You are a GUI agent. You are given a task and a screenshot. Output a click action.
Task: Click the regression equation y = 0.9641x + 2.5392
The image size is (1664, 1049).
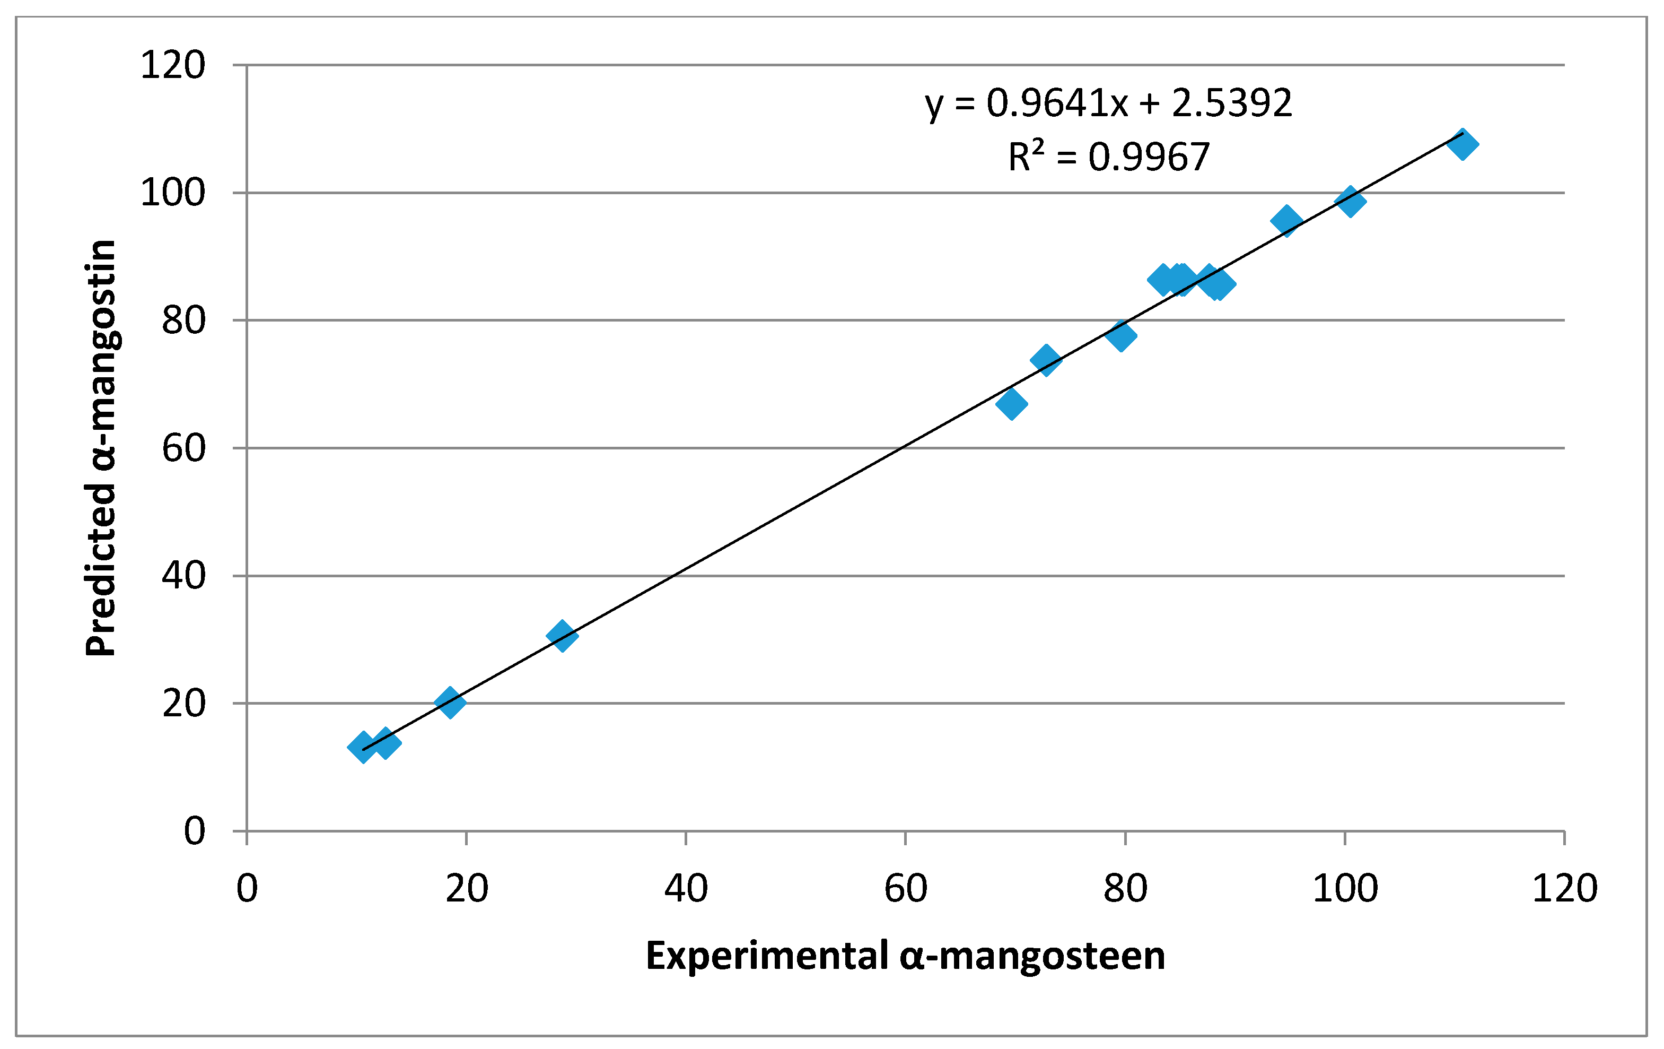(1108, 103)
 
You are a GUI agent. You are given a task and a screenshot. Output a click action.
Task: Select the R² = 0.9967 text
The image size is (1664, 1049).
(1108, 157)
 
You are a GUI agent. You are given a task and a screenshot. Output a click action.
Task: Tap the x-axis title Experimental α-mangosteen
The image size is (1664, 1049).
(905, 956)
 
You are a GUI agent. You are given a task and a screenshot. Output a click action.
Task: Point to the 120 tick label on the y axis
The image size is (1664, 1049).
(173, 66)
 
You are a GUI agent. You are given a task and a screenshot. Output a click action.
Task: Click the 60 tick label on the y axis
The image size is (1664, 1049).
(184, 448)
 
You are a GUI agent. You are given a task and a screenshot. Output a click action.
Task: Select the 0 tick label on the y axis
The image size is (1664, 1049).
(194, 830)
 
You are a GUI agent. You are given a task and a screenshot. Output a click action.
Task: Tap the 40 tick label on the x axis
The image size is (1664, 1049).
(686, 889)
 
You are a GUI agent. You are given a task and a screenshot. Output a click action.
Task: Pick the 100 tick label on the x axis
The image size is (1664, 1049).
(1345, 889)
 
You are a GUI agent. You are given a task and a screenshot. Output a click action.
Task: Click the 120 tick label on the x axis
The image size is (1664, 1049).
(1564, 889)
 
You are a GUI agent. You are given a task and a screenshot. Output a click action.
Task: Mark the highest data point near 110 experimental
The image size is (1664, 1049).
(1462, 144)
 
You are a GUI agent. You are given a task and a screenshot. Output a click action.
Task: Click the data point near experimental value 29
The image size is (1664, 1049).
(562, 636)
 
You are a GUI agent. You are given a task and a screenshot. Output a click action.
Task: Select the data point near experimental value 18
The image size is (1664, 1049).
(450, 703)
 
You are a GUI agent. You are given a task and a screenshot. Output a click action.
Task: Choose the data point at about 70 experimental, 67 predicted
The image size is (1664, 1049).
(1012, 404)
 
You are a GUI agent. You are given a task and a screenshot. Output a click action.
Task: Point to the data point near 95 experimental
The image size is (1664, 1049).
(1286, 221)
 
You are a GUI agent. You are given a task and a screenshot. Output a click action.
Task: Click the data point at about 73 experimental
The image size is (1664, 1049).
(1046, 360)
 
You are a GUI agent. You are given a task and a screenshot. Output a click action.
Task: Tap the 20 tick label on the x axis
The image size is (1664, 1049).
(467, 889)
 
